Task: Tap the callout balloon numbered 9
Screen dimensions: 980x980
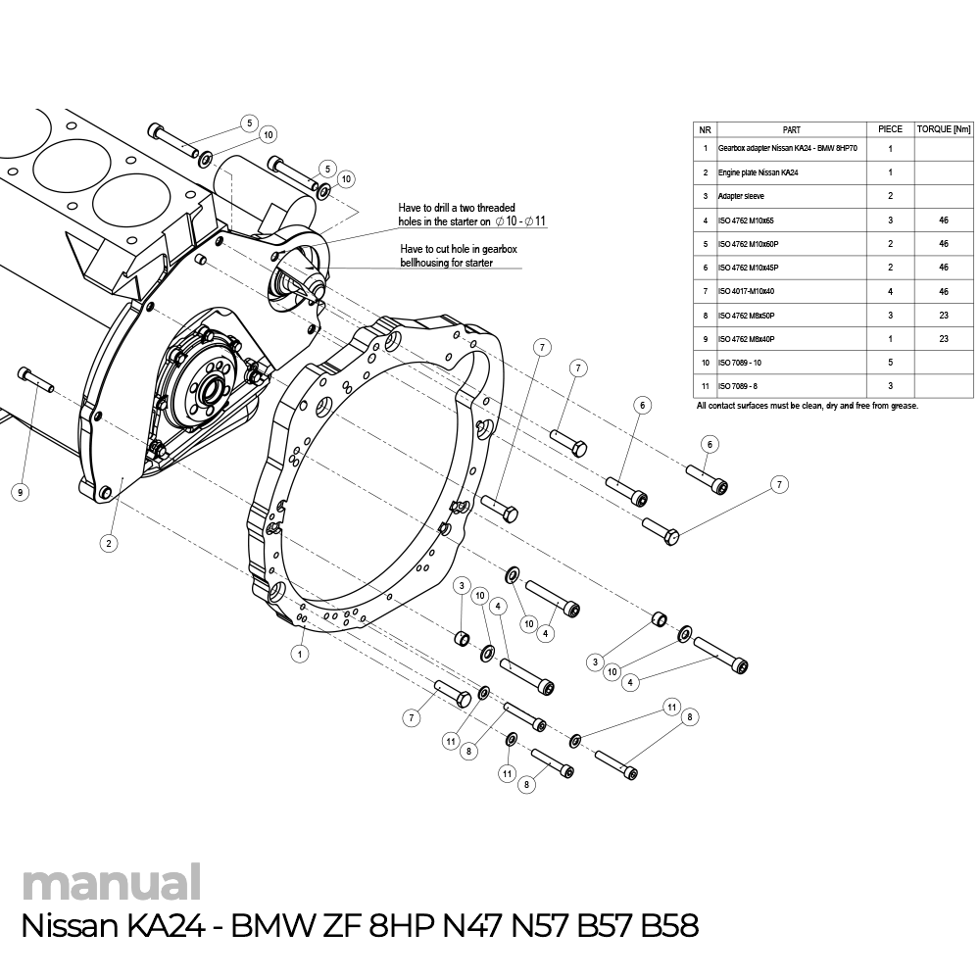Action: [x=20, y=492]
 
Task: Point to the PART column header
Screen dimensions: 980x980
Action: [x=792, y=129]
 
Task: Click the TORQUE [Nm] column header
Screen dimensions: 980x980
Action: [x=943, y=129]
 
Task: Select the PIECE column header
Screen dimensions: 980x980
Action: [x=890, y=129]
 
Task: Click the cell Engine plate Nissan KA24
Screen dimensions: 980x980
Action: [x=758, y=172]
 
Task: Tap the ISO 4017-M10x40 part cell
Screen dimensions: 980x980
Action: [x=747, y=291]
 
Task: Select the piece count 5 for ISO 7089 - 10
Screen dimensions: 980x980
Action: [x=890, y=363]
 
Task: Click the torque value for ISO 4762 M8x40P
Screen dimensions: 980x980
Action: [x=943, y=338]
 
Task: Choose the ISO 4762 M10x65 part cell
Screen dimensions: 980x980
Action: [x=747, y=220]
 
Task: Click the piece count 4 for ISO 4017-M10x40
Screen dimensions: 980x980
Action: [x=890, y=291]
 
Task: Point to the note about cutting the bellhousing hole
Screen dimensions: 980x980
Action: [x=459, y=257]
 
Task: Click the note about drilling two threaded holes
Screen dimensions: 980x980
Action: [x=470, y=215]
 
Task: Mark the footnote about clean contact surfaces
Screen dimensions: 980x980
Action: [x=807, y=406]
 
